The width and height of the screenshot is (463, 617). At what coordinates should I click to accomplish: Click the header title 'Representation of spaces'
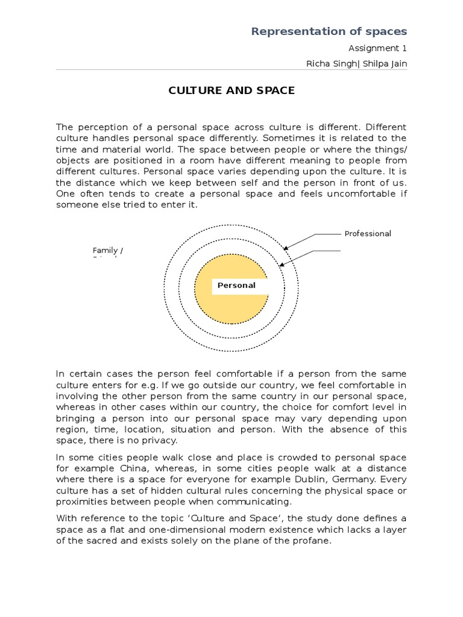click(x=329, y=31)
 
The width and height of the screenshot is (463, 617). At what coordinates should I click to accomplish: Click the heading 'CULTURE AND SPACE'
click(x=231, y=91)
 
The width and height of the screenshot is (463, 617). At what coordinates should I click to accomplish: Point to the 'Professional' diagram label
click(x=368, y=234)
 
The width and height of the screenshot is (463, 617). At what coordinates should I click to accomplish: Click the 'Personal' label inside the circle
click(x=236, y=286)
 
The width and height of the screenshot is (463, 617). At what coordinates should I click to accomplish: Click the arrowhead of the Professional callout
click(x=286, y=247)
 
